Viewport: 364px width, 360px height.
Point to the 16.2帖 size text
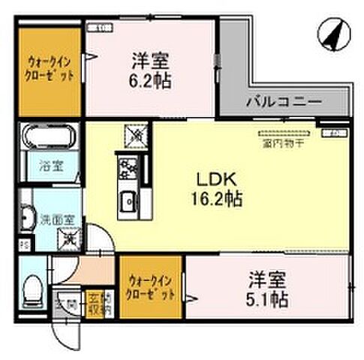click(218, 201)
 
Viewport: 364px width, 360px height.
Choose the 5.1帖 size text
click(268, 298)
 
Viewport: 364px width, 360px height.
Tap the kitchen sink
click(128, 201)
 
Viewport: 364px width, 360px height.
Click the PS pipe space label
click(23, 244)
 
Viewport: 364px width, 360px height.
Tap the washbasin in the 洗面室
click(27, 218)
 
